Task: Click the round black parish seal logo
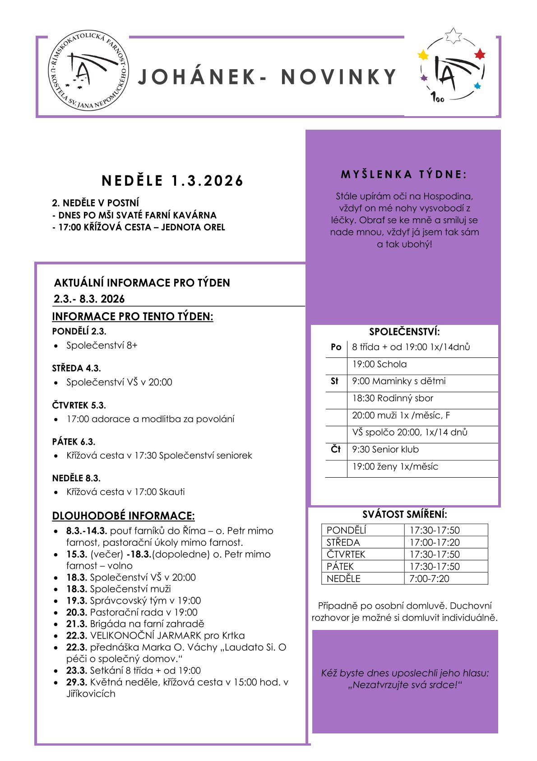point(88,72)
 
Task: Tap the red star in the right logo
point(480,54)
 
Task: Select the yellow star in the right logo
point(423,55)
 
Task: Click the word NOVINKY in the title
point(338,77)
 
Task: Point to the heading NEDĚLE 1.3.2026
point(172,181)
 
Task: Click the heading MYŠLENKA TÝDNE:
point(404,174)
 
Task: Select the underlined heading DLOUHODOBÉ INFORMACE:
point(123,516)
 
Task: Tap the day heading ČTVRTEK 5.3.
point(79,405)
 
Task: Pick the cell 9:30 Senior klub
point(385,449)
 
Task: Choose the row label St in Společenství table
point(334,381)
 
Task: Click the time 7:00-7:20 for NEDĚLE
point(429,578)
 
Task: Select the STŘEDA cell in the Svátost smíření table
point(343,542)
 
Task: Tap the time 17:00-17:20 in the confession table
point(434,542)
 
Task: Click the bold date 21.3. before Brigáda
point(76,624)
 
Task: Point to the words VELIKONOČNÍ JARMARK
point(145,635)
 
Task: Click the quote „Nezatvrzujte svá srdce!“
point(405,685)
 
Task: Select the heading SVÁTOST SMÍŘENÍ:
point(404,514)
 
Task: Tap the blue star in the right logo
point(477,86)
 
